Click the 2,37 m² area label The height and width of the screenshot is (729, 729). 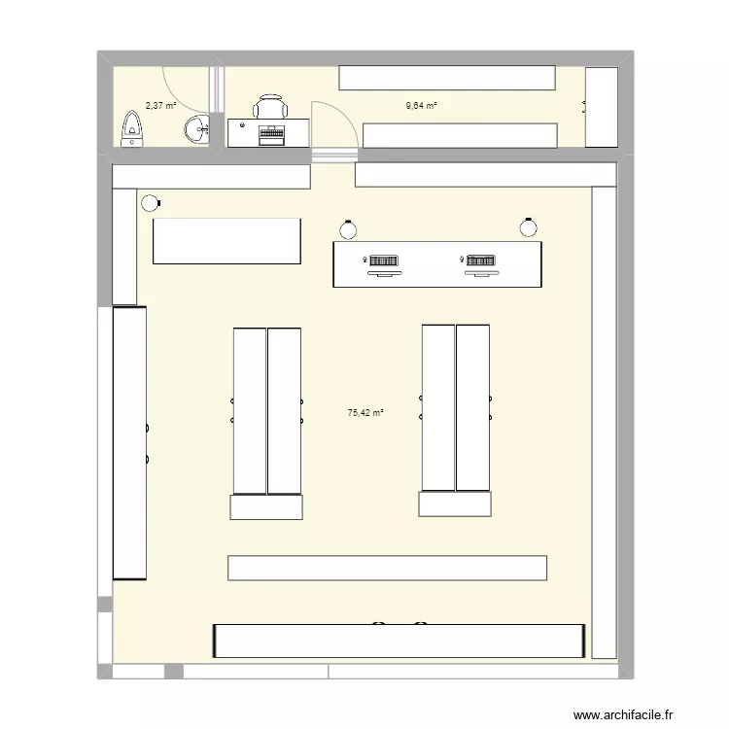160,105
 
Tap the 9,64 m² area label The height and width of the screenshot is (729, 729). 421,105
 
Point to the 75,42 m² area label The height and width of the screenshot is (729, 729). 365,412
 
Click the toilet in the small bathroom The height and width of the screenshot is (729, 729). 131,129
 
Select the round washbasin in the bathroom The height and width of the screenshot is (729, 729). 199,128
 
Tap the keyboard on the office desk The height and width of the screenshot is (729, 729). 271,136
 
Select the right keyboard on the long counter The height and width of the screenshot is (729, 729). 478,261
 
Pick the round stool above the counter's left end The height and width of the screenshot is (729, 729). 348,229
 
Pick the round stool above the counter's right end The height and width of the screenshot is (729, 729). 528,227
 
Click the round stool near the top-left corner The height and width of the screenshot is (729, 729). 150,203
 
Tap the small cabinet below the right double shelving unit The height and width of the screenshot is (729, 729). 456,503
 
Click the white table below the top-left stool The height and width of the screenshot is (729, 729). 226,241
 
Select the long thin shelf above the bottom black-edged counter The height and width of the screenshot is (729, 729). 387,568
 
